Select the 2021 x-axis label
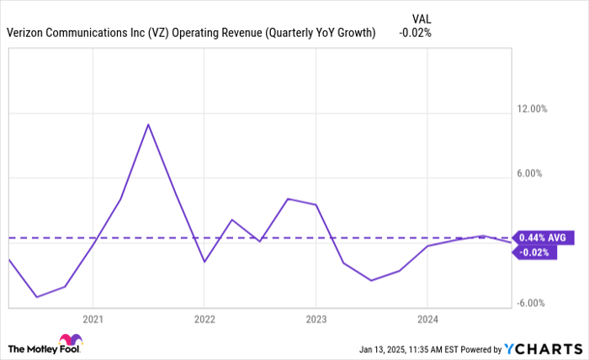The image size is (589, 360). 93,319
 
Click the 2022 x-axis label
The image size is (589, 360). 204,319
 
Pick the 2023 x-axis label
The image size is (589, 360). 316,319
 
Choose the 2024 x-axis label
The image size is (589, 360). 427,319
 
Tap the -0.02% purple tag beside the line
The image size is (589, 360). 536,252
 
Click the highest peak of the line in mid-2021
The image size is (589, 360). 148,124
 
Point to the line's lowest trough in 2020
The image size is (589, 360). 36,297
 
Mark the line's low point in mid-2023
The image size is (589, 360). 371,280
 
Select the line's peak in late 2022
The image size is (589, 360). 288,199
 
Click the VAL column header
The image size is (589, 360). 422,18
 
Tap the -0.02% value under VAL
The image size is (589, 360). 416,33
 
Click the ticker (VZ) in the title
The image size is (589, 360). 157,33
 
